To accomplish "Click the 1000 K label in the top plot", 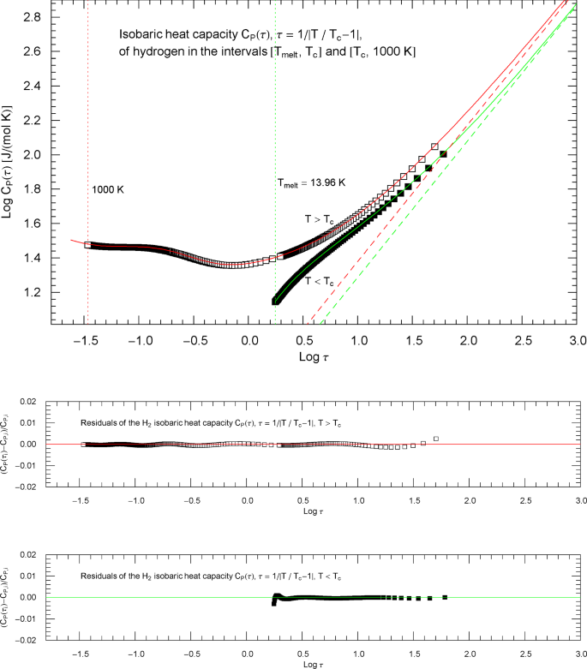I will [x=108, y=189].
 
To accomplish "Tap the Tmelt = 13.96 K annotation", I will [x=311, y=182].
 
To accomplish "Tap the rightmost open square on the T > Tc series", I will [x=434, y=146].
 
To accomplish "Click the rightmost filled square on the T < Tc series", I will [x=443, y=154].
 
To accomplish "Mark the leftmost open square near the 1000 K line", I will [x=87, y=245].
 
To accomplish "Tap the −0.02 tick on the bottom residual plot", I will [x=29, y=640].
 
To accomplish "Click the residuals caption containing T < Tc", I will [x=209, y=576].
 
